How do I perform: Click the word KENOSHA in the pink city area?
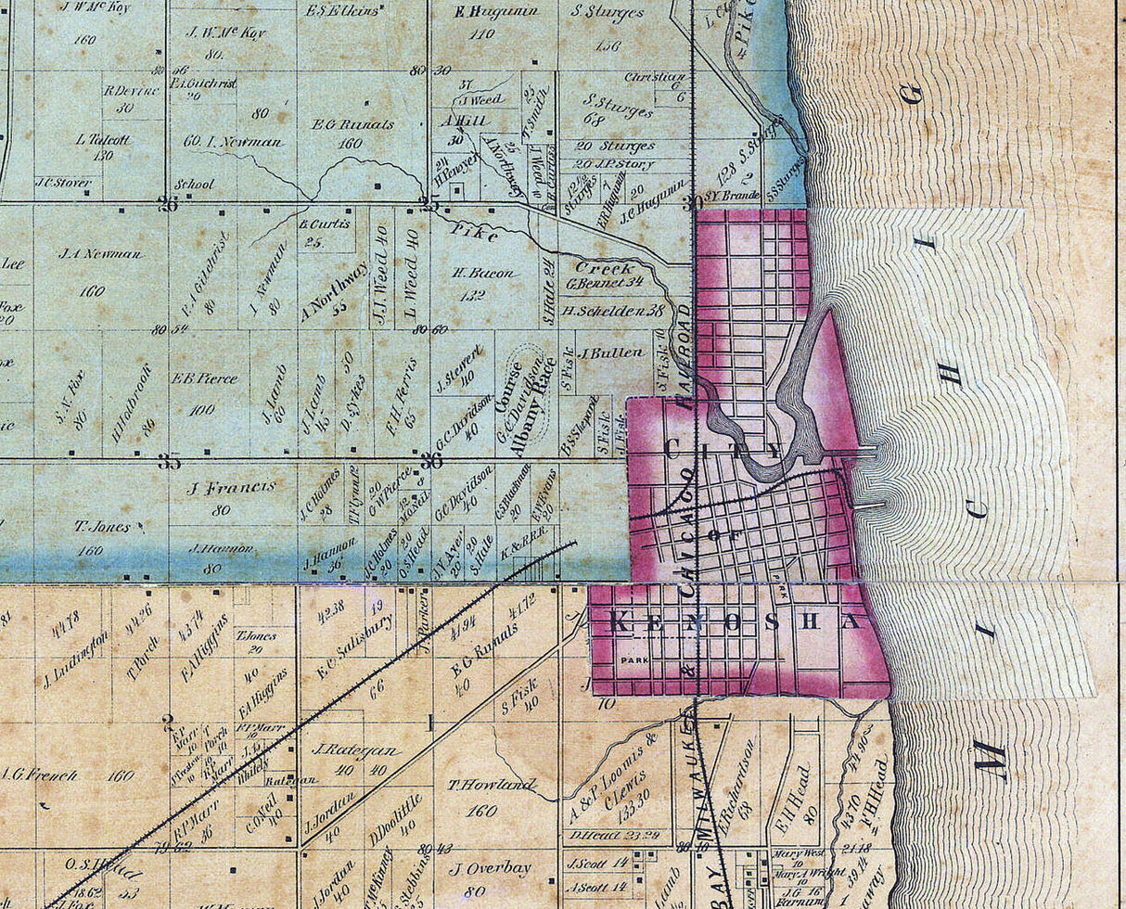(738, 622)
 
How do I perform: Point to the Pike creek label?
(475, 235)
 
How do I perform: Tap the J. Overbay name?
(489, 869)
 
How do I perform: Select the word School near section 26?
(193, 184)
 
